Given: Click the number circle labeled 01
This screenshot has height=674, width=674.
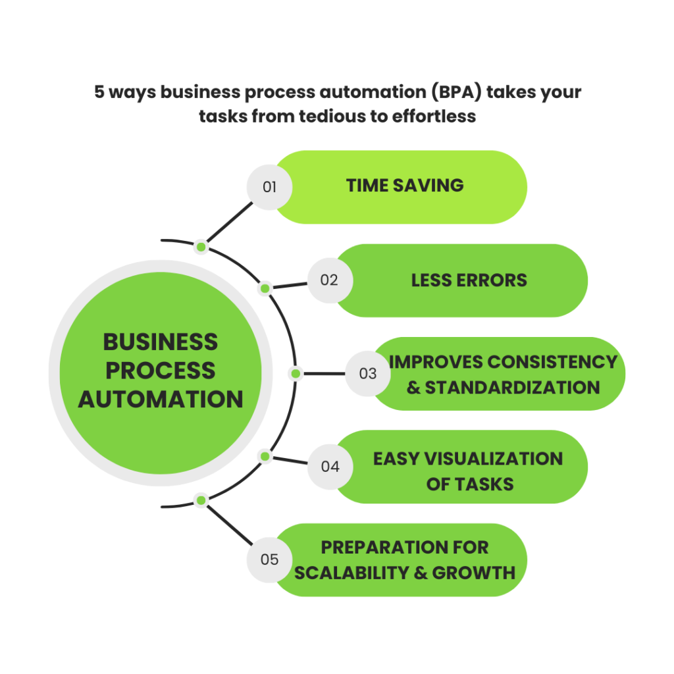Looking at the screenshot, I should [x=269, y=187].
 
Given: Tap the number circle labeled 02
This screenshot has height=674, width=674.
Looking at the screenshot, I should [x=330, y=280].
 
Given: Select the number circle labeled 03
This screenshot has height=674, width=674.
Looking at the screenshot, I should [x=368, y=374].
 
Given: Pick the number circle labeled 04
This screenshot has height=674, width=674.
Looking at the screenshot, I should [x=330, y=467].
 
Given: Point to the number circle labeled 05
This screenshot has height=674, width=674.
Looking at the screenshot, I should [x=269, y=560].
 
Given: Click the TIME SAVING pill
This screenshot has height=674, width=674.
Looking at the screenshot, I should [x=405, y=186].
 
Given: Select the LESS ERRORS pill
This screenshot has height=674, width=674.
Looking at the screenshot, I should [x=469, y=280].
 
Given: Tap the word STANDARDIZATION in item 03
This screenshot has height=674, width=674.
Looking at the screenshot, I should [x=512, y=386].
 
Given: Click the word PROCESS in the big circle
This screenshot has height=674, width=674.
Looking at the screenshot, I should [x=161, y=371].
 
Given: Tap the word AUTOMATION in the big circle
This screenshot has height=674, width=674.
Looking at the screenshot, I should [x=161, y=399].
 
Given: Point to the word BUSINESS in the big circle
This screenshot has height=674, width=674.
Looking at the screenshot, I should [x=161, y=342].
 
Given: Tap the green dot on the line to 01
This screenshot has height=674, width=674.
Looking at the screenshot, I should [x=201, y=247].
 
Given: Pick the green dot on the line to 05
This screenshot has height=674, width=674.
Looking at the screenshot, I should [x=201, y=500].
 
